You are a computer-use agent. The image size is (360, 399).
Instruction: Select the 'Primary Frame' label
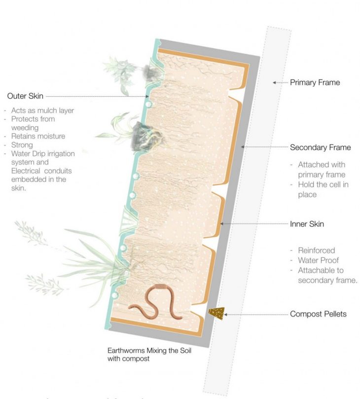(315, 82)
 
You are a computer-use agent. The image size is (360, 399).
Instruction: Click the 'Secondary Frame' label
(320, 147)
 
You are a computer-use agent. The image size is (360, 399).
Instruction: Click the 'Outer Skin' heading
(26, 96)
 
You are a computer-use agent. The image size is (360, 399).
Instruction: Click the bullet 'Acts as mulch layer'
(42, 110)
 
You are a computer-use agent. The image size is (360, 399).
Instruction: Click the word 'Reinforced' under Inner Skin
(316, 251)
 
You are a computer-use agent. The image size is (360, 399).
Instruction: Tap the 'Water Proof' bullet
(318, 260)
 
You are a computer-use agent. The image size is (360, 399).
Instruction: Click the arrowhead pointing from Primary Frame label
(273, 83)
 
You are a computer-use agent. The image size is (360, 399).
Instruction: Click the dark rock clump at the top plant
(150, 73)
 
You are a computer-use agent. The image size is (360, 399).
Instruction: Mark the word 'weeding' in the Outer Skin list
(24, 128)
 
